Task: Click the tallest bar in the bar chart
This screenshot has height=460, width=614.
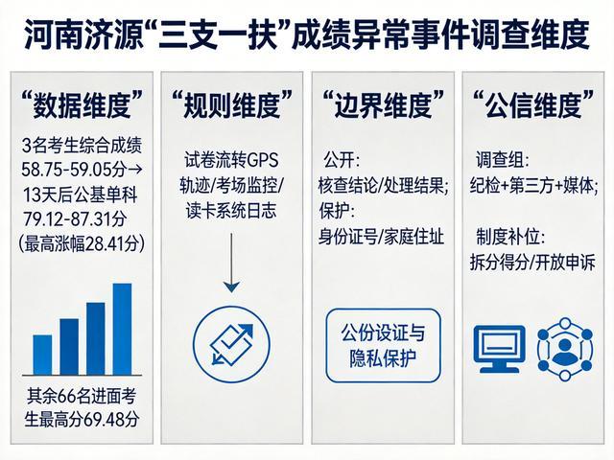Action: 122,329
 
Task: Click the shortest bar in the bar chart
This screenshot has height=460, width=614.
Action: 42,355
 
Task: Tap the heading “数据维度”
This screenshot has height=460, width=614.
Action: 82,104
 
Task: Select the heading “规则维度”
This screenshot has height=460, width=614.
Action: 232,104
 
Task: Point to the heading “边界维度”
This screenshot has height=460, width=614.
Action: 383,104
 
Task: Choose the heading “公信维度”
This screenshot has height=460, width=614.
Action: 533,104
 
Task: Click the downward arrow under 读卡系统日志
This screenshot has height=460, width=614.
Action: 231,263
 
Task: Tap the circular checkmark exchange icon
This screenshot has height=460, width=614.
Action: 231,345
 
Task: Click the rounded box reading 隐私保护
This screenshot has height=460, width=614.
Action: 384,345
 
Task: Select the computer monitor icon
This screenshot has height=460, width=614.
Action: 499,348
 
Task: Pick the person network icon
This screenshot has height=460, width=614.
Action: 565,349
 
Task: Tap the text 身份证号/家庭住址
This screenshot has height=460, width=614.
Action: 381,237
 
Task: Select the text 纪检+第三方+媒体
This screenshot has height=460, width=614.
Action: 533,186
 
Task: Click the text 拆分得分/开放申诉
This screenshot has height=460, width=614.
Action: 532,262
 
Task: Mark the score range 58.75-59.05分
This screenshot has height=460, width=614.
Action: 74,170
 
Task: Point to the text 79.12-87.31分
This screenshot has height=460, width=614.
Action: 75,218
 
